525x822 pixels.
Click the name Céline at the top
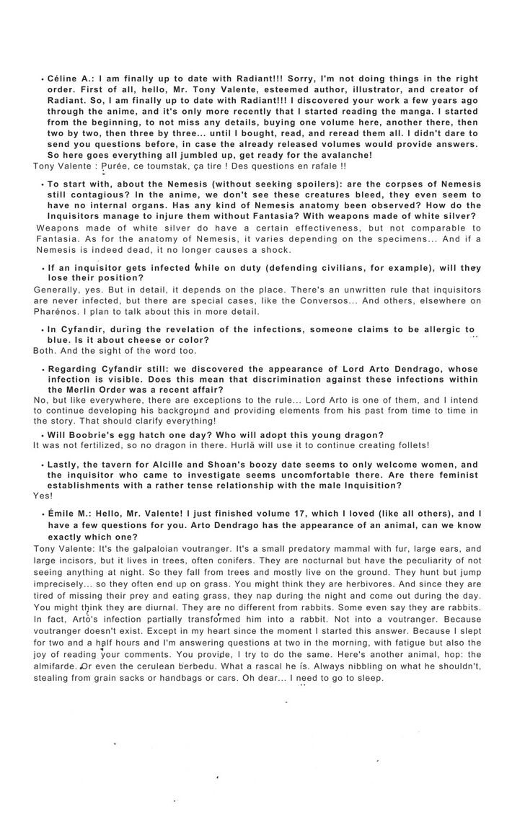coord(65,78)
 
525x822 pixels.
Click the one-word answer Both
coord(45,351)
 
